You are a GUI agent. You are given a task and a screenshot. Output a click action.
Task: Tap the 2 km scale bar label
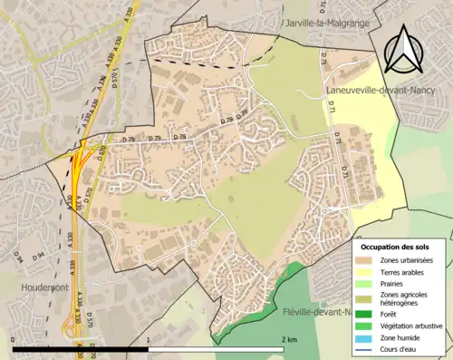(288, 338)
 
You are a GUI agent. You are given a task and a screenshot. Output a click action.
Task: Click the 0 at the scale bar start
(14, 338)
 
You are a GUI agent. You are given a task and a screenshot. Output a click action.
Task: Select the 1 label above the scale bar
(148, 338)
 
